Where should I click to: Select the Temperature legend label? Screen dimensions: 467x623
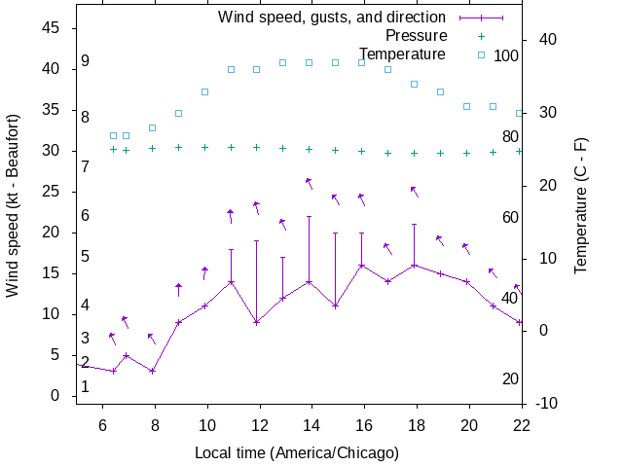point(402,54)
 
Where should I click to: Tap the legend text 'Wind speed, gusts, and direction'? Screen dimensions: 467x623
point(331,17)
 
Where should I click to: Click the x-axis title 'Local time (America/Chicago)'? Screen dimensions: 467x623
point(297,452)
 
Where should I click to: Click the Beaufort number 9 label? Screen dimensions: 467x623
point(86,61)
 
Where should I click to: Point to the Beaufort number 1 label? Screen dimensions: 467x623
point(86,386)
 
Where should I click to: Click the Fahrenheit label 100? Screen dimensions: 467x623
point(506,55)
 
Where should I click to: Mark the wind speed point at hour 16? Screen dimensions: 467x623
point(361,265)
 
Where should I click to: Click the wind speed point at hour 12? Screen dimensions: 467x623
point(257,322)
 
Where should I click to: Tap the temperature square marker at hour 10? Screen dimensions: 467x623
point(204,91)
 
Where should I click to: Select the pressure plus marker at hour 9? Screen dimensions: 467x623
point(178,148)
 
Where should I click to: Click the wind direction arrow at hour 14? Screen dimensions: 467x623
point(310,183)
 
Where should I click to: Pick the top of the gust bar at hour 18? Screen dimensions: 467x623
point(414,224)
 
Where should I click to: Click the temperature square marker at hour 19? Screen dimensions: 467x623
point(440,91)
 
